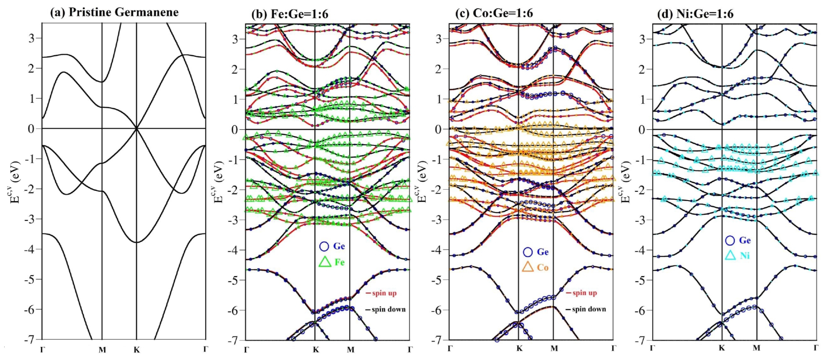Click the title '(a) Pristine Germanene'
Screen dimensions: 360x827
coord(114,12)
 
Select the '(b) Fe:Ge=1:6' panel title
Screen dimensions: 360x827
coord(290,14)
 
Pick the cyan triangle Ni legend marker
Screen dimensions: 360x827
coord(730,255)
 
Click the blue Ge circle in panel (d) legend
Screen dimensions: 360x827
coord(730,240)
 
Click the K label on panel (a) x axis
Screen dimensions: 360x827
coord(137,350)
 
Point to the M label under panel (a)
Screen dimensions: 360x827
coord(102,350)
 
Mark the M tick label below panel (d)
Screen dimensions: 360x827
coord(756,348)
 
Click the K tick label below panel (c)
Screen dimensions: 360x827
coord(519,348)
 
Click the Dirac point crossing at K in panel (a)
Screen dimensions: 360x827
coord(137,129)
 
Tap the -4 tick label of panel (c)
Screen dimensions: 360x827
coord(438,250)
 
